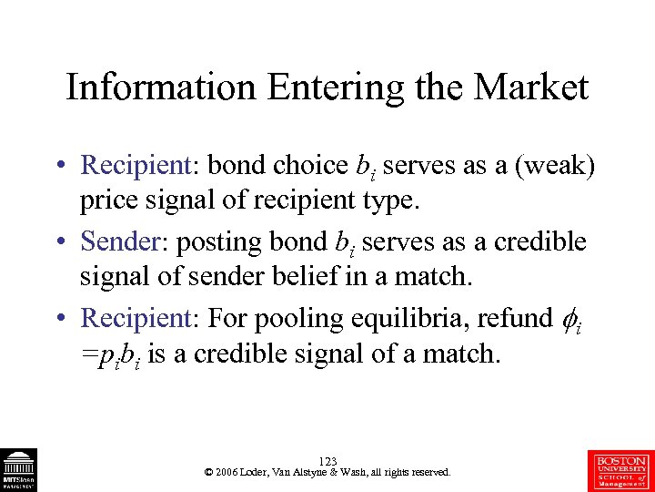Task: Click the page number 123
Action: (327, 462)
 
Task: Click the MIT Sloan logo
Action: (17, 469)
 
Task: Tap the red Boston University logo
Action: (621, 469)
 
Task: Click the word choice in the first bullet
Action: (312, 165)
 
